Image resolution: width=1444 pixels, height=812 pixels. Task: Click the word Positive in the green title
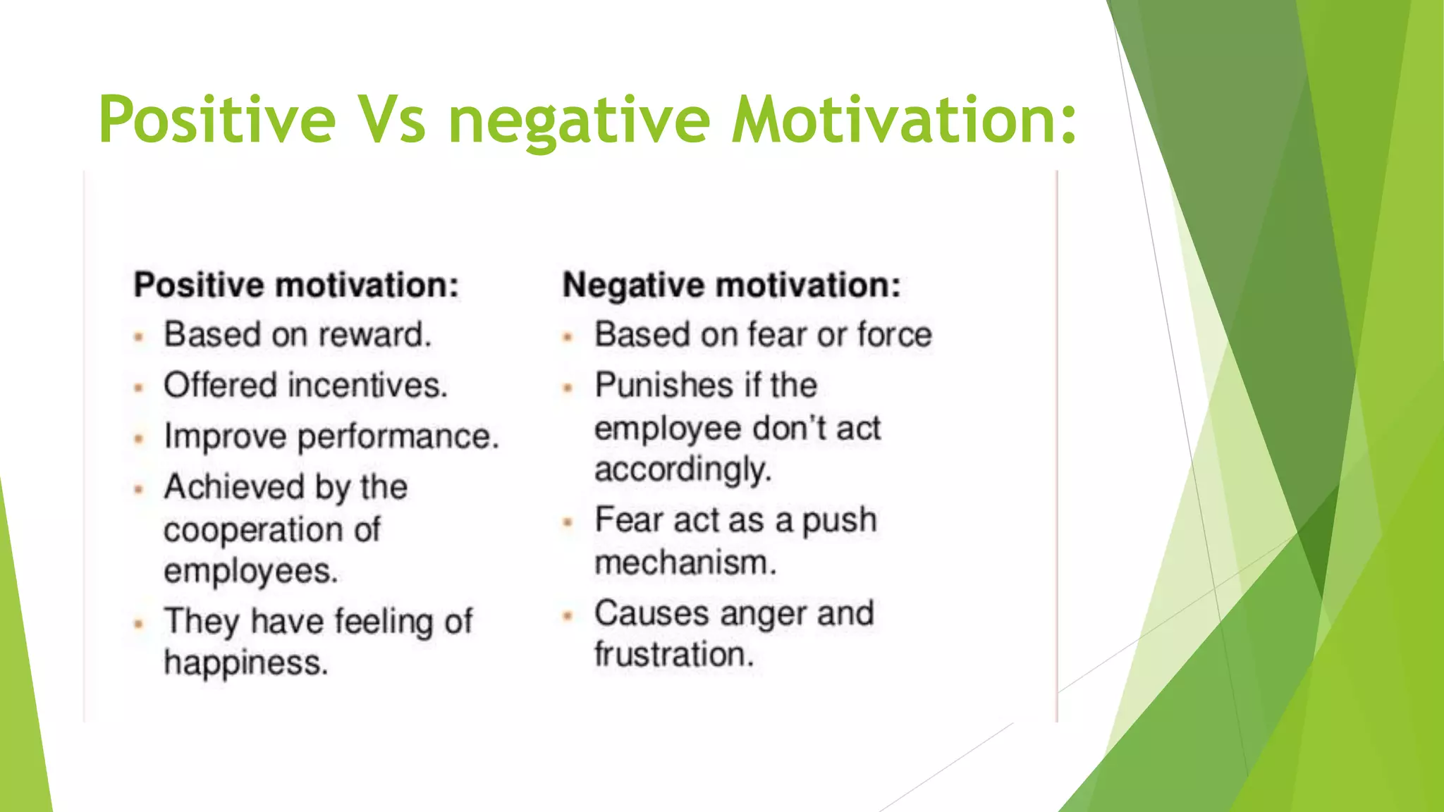pyautogui.click(x=217, y=120)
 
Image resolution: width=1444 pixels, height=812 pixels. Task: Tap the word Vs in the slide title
pyautogui.click(x=392, y=120)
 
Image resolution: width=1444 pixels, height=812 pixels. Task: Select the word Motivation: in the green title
pyautogui.click(x=905, y=120)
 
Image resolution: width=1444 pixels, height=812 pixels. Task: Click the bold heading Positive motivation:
pyautogui.click(x=296, y=285)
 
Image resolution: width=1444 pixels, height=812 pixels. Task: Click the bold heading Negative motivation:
pyautogui.click(x=731, y=285)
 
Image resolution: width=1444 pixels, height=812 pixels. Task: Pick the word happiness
pyautogui.click(x=246, y=663)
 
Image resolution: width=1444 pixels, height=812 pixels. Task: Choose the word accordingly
pyautogui.click(x=683, y=470)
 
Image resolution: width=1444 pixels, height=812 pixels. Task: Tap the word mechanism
pyautogui.click(x=685, y=563)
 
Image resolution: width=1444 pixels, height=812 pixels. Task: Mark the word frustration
pyautogui.click(x=674, y=655)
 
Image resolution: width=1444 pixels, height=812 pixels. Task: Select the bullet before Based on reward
pyautogui.click(x=139, y=337)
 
